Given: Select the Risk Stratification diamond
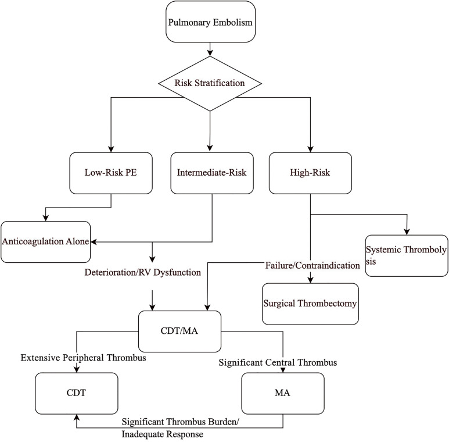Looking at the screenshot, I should [x=210, y=83].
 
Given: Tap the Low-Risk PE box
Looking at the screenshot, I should [x=111, y=173].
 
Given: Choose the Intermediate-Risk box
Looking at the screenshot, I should [x=211, y=173].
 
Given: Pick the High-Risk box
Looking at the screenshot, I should [x=311, y=173].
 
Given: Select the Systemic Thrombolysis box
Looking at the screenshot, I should [x=406, y=255].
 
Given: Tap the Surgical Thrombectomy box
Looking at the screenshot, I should [x=310, y=303].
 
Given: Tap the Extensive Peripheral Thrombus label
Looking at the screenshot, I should [x=82, y=358].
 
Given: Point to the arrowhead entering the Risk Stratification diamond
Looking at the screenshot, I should [x=210, y=53].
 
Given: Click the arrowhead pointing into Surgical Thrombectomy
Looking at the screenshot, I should [x=311, y=280].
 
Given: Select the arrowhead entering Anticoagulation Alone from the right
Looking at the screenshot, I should [x=95, y=241].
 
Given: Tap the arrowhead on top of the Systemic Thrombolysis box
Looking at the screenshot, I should [x=406, y=232].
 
